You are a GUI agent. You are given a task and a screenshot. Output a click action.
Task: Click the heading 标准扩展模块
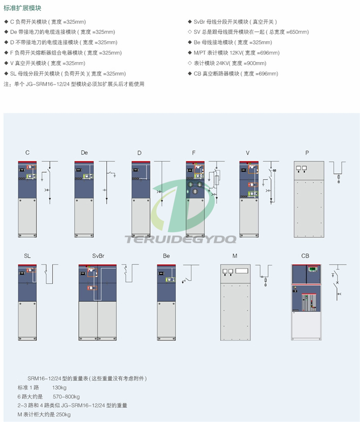coord(22,8)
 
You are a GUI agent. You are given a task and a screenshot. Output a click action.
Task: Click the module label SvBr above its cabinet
coord(98,256)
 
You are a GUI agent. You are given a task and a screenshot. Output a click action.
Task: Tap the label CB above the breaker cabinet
coord(305,256)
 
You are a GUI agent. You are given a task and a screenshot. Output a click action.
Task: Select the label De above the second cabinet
coord(84,153)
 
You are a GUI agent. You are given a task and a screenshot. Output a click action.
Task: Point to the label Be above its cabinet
coord(166,256)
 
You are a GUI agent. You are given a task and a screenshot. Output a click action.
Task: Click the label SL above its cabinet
coord(27,256)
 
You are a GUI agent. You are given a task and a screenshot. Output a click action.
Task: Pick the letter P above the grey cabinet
coord(307,153)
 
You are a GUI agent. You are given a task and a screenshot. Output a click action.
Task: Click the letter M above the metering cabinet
coord(235,256)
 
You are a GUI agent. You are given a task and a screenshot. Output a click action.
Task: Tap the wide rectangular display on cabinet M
coord(242,271)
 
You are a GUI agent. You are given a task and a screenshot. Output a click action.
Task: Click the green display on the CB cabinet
coord(313,269)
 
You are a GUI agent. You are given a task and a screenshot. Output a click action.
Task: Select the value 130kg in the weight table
coord(59,388)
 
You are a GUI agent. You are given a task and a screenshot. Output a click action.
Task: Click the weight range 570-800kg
coord(66,396)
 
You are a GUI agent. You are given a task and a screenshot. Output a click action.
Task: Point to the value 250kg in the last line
coord(63,414)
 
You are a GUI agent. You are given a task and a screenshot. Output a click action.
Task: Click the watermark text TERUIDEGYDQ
coord(180,239)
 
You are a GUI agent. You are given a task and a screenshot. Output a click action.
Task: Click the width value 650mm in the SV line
coord(298,32)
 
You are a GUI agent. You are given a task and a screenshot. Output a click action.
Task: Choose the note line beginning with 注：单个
coord(74,84)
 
